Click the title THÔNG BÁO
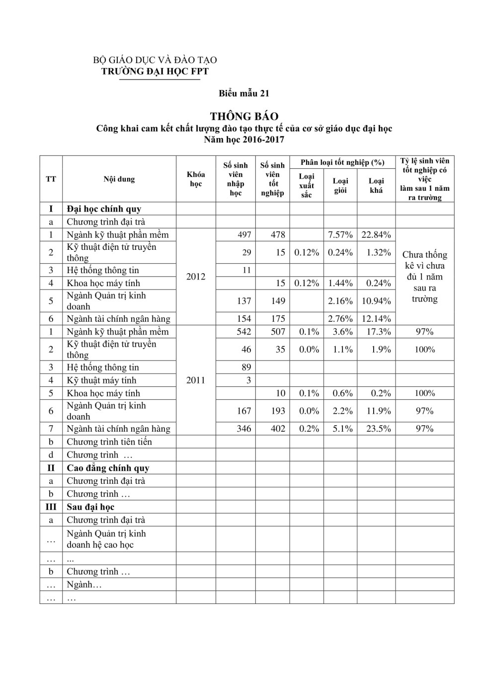click(244, 116)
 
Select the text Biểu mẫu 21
click(244, 93)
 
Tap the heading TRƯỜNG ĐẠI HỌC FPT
click(155, 71)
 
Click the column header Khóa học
click(196, 179)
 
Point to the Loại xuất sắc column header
click(307, 185)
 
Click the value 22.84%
click(376, 234)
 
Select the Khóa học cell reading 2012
click(196, 276)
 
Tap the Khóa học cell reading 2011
click(196, 380)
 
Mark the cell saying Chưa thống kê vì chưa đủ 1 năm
click(425, 276)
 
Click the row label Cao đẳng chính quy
click(108, 468)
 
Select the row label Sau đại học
click(90, 507)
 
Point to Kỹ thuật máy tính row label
click(103, 380)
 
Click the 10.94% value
click(376, 301)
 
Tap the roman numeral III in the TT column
click(51, 507)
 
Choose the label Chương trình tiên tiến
click(109, 442)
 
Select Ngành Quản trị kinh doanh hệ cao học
click(106, 539)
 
